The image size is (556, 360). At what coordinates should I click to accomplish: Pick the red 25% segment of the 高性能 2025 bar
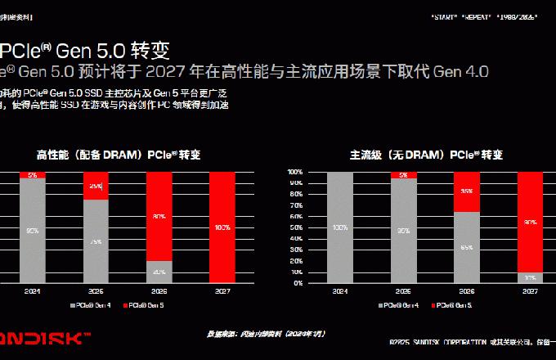[96, 186]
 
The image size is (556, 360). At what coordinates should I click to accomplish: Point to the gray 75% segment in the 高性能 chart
[96, 241]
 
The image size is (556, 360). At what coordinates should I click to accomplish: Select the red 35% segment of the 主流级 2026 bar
[467, 191]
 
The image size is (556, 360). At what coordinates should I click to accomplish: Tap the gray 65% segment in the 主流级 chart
[467, 247]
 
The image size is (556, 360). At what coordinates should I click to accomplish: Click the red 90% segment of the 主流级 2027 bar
[531, 222]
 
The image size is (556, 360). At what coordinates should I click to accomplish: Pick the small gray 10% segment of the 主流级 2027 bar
[531, 277]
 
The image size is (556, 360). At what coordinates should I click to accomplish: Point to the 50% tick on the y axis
[295, 227]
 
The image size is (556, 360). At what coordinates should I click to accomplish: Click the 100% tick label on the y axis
[294, 172]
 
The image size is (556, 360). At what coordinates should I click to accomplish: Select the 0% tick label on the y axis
[297, 283]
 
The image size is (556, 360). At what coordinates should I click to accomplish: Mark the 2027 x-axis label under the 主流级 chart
[531, 290]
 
